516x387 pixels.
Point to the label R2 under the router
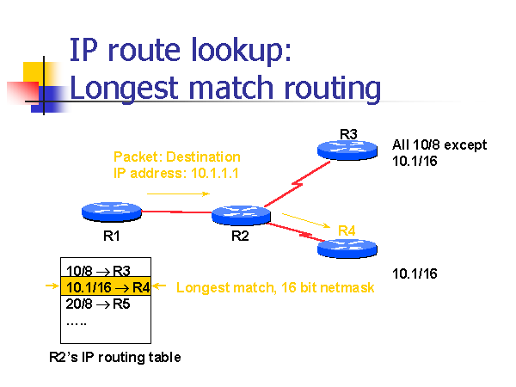click(240, 237)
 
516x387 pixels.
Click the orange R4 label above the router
click(347, 230)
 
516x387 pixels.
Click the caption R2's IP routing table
click(114, 357)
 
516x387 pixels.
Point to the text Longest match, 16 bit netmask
click(275, 287)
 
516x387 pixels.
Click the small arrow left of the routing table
click(51, 287)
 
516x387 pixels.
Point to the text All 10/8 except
click(439, 144)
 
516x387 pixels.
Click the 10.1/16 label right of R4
click(415, 273)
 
